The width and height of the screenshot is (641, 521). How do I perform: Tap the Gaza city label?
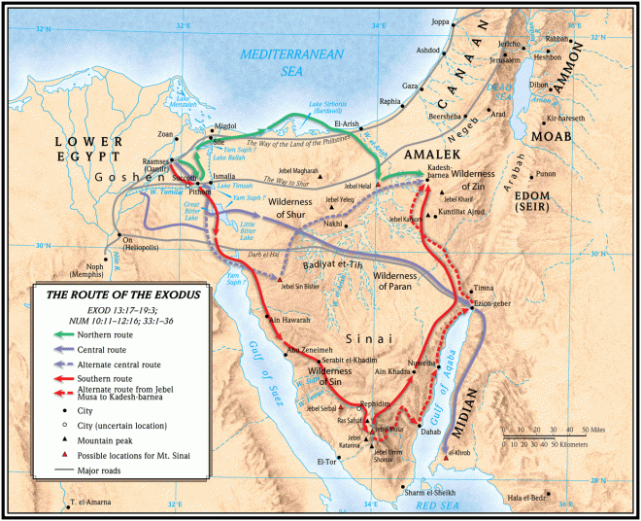(x=410, y=85)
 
